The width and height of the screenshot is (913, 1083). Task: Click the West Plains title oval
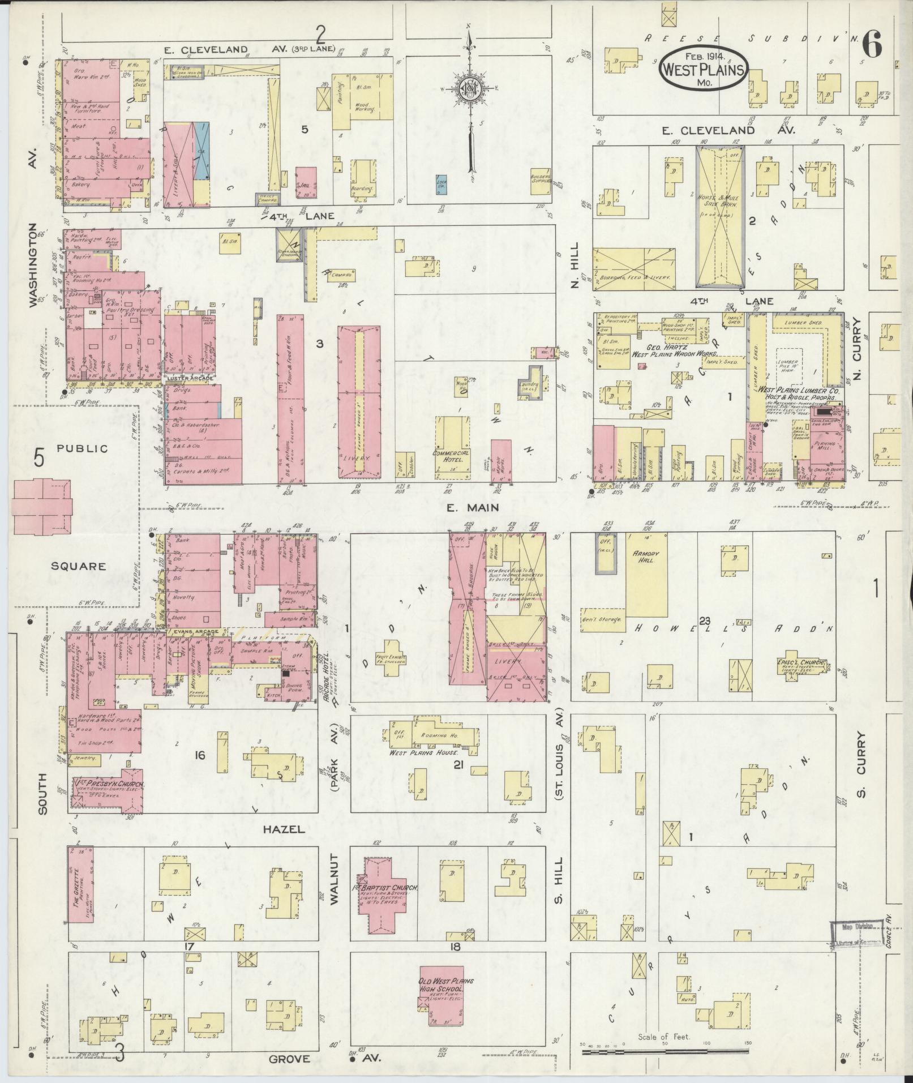[702, 68]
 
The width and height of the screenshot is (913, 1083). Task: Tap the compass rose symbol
[469, 89]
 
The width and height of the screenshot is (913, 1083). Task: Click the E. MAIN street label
[464, 508]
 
